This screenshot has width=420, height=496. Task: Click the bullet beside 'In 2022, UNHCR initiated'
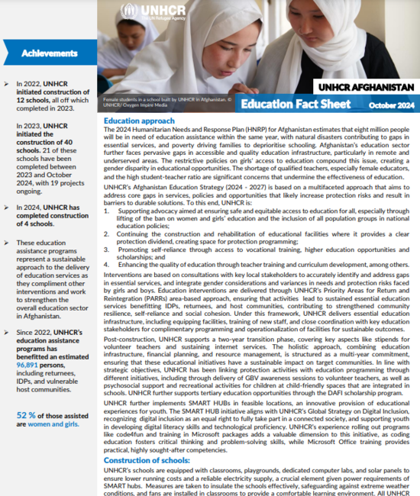pos(6,82)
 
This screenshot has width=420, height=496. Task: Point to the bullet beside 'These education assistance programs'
pos(6,221)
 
